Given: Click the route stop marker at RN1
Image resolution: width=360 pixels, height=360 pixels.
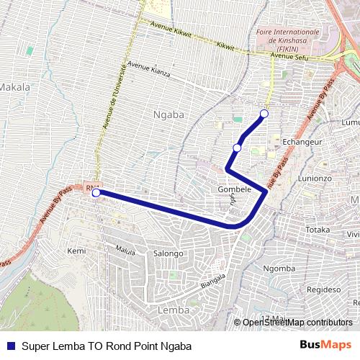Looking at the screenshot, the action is click(96, 192).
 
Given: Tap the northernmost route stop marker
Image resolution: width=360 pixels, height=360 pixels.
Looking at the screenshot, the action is click(264, 114).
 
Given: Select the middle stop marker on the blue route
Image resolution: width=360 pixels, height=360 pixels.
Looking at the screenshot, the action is click(237, 148).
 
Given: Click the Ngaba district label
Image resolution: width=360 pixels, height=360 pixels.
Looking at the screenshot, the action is click(169, 114).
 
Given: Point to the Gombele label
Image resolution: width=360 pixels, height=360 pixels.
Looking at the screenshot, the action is click(234, 189).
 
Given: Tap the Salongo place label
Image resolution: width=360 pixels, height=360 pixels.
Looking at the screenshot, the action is click(169, 253).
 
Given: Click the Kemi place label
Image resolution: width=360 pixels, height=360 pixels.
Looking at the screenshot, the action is click(76, 251).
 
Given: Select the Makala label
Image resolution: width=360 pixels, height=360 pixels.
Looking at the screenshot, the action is click(15, 87).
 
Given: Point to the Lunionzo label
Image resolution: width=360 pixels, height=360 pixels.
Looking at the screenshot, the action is click(315, 177).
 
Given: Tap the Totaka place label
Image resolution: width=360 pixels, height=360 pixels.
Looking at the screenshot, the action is click(318, 230).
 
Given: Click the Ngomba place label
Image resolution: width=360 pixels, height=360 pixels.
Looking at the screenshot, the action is click(279, 269).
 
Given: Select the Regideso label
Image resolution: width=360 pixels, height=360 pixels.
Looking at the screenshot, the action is click(323, 288).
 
